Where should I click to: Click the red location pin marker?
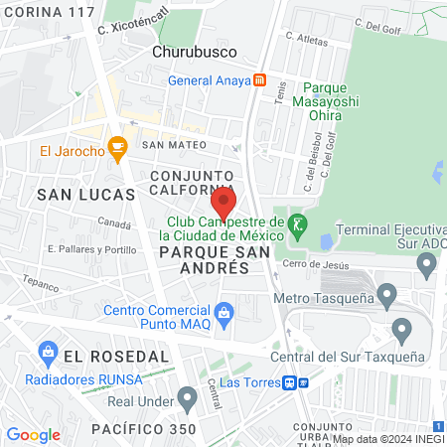(x=224, y=202)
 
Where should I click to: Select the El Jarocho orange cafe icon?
(x=118, y=151)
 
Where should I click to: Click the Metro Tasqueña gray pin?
(x=387, y=294)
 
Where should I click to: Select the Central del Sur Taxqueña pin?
(x=402, y=329)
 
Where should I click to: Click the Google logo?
(x=33, y=434)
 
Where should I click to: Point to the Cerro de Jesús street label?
(x=316, y=263)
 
